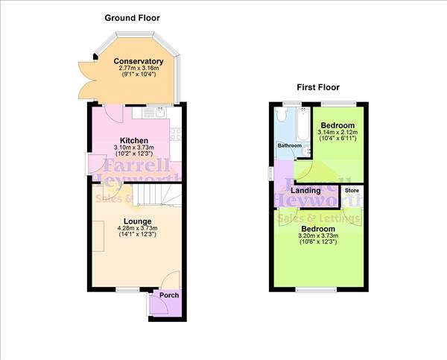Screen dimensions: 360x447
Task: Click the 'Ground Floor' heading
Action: tap(132, 17)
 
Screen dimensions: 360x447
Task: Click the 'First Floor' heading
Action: tap(318, 86)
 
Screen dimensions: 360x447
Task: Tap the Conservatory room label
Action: tap(138, 61)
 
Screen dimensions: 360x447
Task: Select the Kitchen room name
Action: tap(134, 140)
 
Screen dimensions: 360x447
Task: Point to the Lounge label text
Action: tap(138, 221)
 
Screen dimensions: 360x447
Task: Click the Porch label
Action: tap(168, 295)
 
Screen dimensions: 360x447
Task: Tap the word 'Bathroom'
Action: tap(290, 145)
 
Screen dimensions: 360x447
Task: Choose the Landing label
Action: tap(305, 191)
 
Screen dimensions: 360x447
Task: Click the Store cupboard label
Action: tap(352, 191)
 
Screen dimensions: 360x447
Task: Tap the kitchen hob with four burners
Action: tap(177, 134)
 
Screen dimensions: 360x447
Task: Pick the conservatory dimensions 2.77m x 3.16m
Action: tap(138, 69)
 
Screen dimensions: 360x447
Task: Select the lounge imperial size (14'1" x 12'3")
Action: tap(138, 236)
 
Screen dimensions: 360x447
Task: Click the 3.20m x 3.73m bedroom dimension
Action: tap(317, 236)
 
